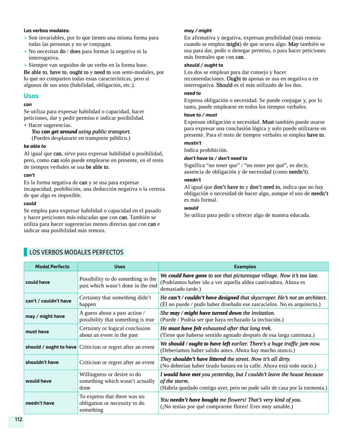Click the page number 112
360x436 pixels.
[18, 419]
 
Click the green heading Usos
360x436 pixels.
[31, 96]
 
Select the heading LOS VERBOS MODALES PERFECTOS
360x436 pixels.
[76, 252]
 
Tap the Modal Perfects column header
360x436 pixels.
[52, 267]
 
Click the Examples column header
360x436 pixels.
[245, 267]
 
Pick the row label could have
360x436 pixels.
[38, 282]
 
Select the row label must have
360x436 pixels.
[37, 332]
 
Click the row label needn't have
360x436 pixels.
[40, 403]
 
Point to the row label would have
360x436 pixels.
[38, 381]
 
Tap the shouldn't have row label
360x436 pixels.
[42, 362]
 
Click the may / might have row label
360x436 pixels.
[45, 316]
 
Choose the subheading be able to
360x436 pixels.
[35, 146]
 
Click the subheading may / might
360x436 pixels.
[198, 31]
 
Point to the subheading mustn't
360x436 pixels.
[193, 143]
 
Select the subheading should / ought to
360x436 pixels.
[204, 65]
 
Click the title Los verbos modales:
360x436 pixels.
[47, 30]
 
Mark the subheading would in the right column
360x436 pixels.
[191, 208]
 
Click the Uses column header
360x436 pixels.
[120, 267]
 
